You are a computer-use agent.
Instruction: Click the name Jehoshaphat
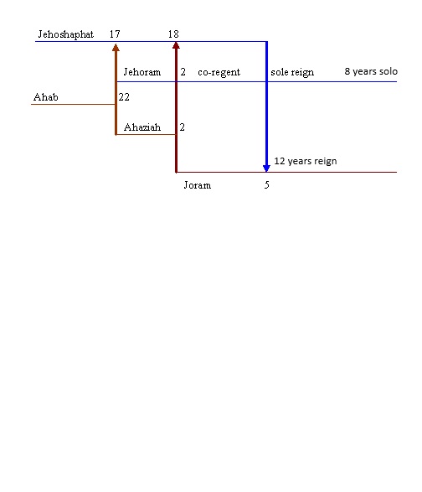66,34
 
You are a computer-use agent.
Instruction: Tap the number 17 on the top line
115,34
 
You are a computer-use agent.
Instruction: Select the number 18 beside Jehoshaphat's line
173,34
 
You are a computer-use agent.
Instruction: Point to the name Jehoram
142,72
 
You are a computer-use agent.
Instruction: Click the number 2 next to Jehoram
183,72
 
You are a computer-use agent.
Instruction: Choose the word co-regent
219,72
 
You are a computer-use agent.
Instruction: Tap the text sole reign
292,72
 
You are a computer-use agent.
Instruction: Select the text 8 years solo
371,71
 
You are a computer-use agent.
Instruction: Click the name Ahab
46,97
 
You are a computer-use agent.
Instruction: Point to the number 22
124,97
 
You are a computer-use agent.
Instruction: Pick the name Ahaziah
142,127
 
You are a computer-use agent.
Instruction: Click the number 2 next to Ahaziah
183,127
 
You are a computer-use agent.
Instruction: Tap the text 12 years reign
306,161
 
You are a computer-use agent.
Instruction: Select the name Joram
198,185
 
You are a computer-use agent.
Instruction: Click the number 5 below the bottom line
267,184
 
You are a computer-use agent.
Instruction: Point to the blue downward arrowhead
266,168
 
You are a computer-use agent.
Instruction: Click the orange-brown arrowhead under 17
116,48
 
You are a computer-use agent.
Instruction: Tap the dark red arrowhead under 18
176,45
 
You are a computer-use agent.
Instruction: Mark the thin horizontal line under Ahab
73,104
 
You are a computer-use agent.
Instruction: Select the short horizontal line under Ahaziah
146,135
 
